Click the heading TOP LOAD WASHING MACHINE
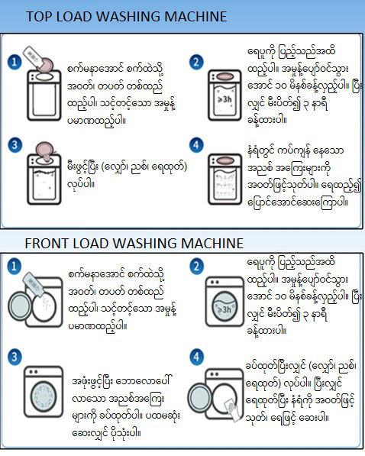click(126, 16)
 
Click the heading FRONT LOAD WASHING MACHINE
click(134, 244)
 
